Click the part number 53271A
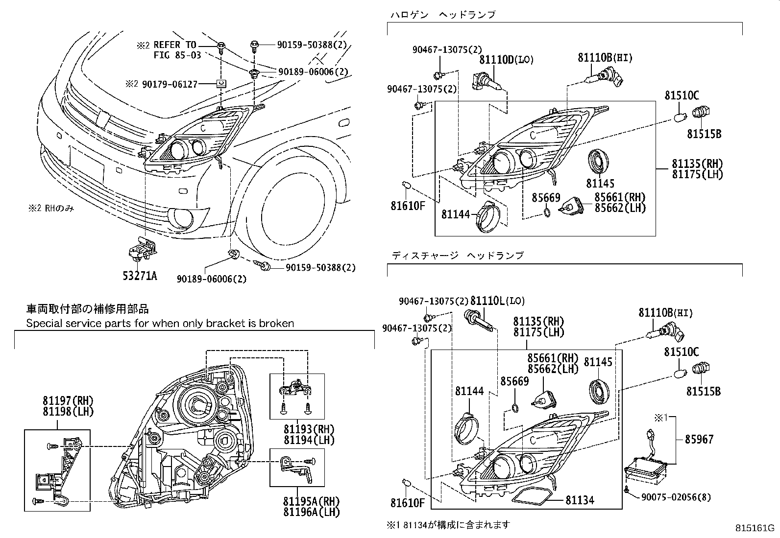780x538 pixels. coord(140,276)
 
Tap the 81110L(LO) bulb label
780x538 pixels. coord(497,301)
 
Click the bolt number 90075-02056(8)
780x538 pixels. coord(676,497)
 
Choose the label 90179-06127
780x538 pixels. coord(170,84)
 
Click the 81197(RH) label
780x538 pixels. coord(68,401)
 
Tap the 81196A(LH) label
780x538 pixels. coord(311,512)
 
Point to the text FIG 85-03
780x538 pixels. coord(178,55)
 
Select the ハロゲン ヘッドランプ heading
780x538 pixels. coord(442,15)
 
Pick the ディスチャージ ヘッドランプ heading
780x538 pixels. coord(457,255)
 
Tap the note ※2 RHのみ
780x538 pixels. coord(50,209)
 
